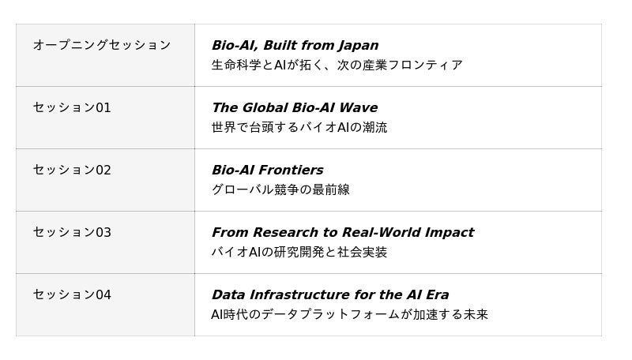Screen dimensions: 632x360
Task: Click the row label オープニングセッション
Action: pyautogui.click(x=102, y=45)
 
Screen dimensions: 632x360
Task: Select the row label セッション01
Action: pyautogui.click(x=72, y=107)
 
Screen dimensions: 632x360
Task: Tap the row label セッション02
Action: pyautogui.click(x=72, y=170)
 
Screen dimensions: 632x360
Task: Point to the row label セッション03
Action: pyautogui.click(x=72, y=232)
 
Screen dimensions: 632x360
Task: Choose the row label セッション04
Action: pyautogui.click(x=72, y=294)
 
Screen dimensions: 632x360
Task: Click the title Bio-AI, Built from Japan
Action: pyautogui.click(x=295, y=46)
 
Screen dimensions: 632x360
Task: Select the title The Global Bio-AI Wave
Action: pyautogui.click(x=295, y=107)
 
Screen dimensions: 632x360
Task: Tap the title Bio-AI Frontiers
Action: pyautogui.click(x=268, y=170)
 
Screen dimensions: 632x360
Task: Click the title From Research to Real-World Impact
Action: pyautogui.click(x=343, y=232)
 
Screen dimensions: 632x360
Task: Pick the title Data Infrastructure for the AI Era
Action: pyautogui.click(x=330, y=294)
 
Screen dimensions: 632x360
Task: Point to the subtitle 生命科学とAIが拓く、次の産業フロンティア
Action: pyautogui.click(x=337, y=65)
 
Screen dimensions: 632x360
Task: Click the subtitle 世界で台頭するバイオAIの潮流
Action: pyautogui.click(x=299, y=127)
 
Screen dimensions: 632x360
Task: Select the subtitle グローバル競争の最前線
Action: pyautogui.click(x=280, y=189)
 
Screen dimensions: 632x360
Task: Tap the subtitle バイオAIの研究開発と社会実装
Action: pyautogui.click(x=299, y=252)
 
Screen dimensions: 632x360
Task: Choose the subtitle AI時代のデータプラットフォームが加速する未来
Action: pyautogui.click(x=349, y=314)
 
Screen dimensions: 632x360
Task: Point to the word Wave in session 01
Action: pyautogui.click(x=359, y=107)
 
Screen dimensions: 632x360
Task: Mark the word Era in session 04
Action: pyautogui.click(x=438, y=294)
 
